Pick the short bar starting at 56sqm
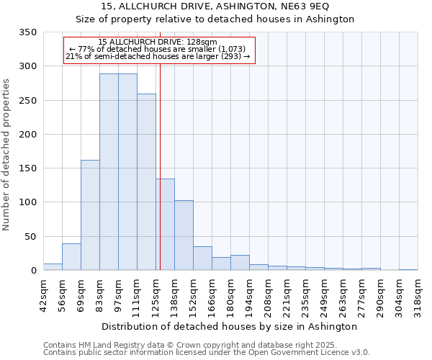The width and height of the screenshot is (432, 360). pos(71,256)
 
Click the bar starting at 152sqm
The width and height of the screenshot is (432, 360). pos(202,258)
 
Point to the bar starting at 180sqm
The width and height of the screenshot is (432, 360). pos(240,262)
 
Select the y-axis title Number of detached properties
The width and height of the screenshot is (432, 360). pos(7,156)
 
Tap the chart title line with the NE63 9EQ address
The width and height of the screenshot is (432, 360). pos(215,6)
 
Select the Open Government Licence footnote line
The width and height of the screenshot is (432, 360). pos(206,353)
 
